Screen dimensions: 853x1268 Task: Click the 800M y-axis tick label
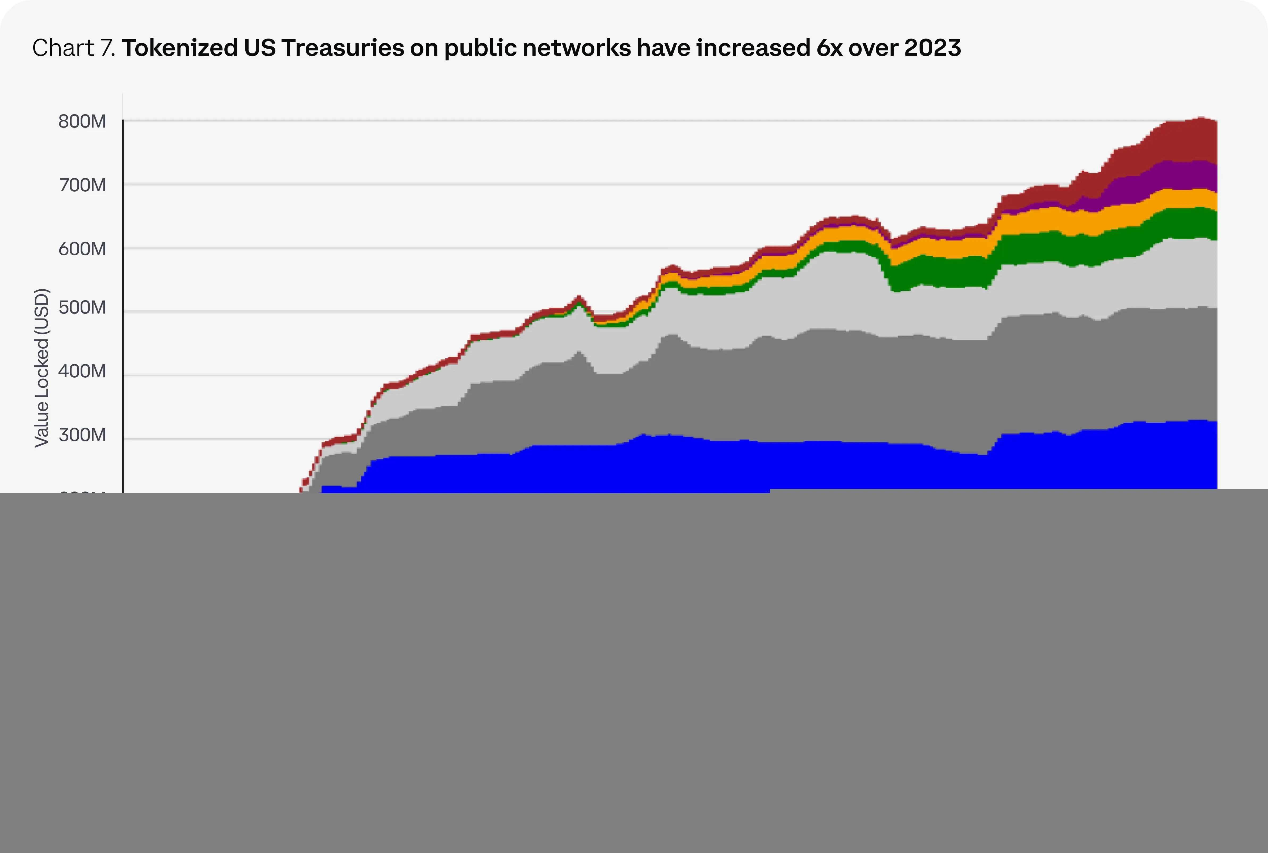click(x=82, y=121)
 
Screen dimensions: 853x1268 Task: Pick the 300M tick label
click(x=82, y=435)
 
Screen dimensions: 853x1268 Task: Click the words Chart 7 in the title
click(x=73, y=48)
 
